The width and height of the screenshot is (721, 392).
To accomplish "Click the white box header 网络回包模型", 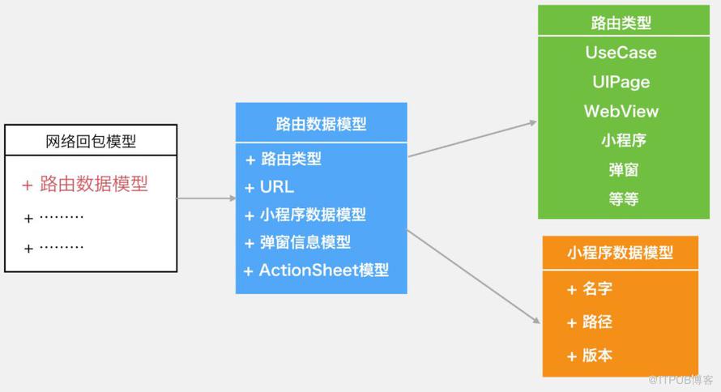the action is (91, 141).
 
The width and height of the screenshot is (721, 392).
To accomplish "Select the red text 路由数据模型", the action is (94, 184).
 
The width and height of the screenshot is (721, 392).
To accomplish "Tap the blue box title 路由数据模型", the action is (321, 124).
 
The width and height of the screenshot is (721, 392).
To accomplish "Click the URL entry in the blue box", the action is (277, 187).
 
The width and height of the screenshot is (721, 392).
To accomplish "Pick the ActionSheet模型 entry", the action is (324, 270).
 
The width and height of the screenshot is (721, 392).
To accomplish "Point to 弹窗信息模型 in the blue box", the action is (305, 242).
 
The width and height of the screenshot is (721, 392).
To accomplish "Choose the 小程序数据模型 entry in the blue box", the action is (313, 215).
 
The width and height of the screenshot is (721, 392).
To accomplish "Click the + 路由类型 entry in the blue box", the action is (284, 159).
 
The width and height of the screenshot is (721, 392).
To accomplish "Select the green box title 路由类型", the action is (621, 23).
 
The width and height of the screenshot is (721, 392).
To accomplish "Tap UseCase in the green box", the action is (621, 53).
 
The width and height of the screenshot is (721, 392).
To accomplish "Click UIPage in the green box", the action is (621, 82).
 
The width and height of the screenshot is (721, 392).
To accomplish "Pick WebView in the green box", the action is (621, 111).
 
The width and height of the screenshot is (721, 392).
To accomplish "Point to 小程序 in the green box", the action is (624, 140).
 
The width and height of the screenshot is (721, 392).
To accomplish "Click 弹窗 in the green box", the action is (624, 169).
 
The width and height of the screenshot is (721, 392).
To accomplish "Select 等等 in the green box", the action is (624, 199).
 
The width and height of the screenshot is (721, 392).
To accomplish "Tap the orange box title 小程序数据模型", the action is (620, 253).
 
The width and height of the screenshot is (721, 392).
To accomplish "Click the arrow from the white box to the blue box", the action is (207, 198).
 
